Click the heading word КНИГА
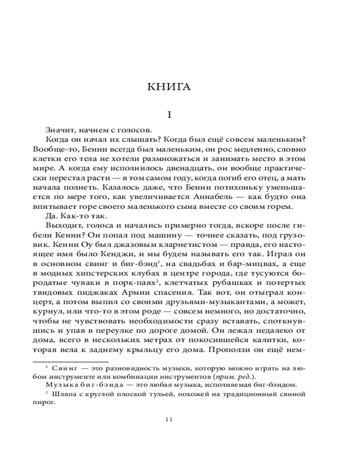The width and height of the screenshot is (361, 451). click(169, 87)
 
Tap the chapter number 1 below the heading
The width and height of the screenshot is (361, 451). click(169, 115)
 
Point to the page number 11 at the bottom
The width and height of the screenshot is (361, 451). click(169, 419)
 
